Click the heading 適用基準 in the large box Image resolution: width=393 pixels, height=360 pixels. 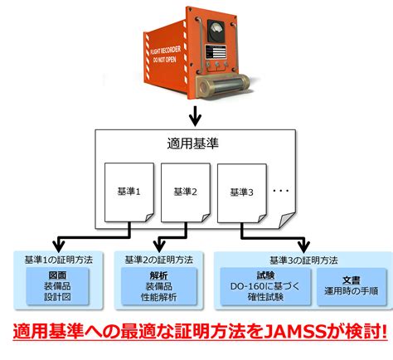[192, 144]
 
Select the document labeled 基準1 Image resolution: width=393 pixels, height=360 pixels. [129, 192]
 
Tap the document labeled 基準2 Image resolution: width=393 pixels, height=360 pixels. [186, 192]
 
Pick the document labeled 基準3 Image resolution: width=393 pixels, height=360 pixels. [242, 193]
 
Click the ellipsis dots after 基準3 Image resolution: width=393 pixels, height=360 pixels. [281, 191]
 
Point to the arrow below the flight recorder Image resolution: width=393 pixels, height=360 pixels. [196, 116]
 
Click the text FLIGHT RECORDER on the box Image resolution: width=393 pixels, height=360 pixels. [166, 51]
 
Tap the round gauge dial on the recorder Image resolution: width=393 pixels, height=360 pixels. [216, 30]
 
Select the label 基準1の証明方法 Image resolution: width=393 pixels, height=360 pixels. [59, 260]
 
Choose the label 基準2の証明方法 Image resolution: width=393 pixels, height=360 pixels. [158, 260]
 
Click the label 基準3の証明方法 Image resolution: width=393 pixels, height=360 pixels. [303, 260]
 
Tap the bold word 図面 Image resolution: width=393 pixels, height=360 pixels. [57, 275]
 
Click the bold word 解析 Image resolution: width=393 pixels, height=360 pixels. [158, 275]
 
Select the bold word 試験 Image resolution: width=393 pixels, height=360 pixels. [265, 275]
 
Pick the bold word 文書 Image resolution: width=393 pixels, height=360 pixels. [351, 280]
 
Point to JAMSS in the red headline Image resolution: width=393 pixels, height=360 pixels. [294, 332]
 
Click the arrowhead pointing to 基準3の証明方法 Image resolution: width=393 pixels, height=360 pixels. [303, 246]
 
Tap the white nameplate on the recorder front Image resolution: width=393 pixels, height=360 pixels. [216, 52]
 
